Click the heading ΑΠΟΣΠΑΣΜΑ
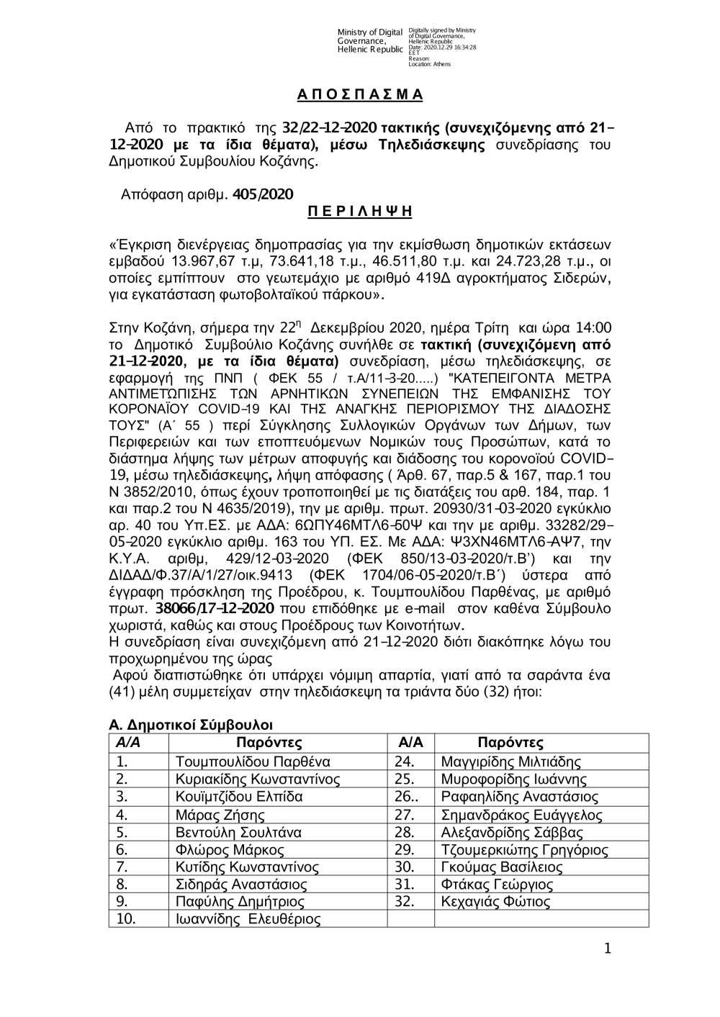coord(360,95)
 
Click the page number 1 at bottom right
coord(607,949)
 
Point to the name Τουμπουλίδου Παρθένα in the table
coord(253,762)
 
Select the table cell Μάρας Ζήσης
coord(220,815)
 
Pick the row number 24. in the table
coord(405,762)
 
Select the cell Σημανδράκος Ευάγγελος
coord(521,815)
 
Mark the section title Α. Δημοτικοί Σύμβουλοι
coord(190,725)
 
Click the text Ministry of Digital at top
coord(369,32)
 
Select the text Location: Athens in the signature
coord(429,64)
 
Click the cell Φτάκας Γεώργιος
coord(497,885)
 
